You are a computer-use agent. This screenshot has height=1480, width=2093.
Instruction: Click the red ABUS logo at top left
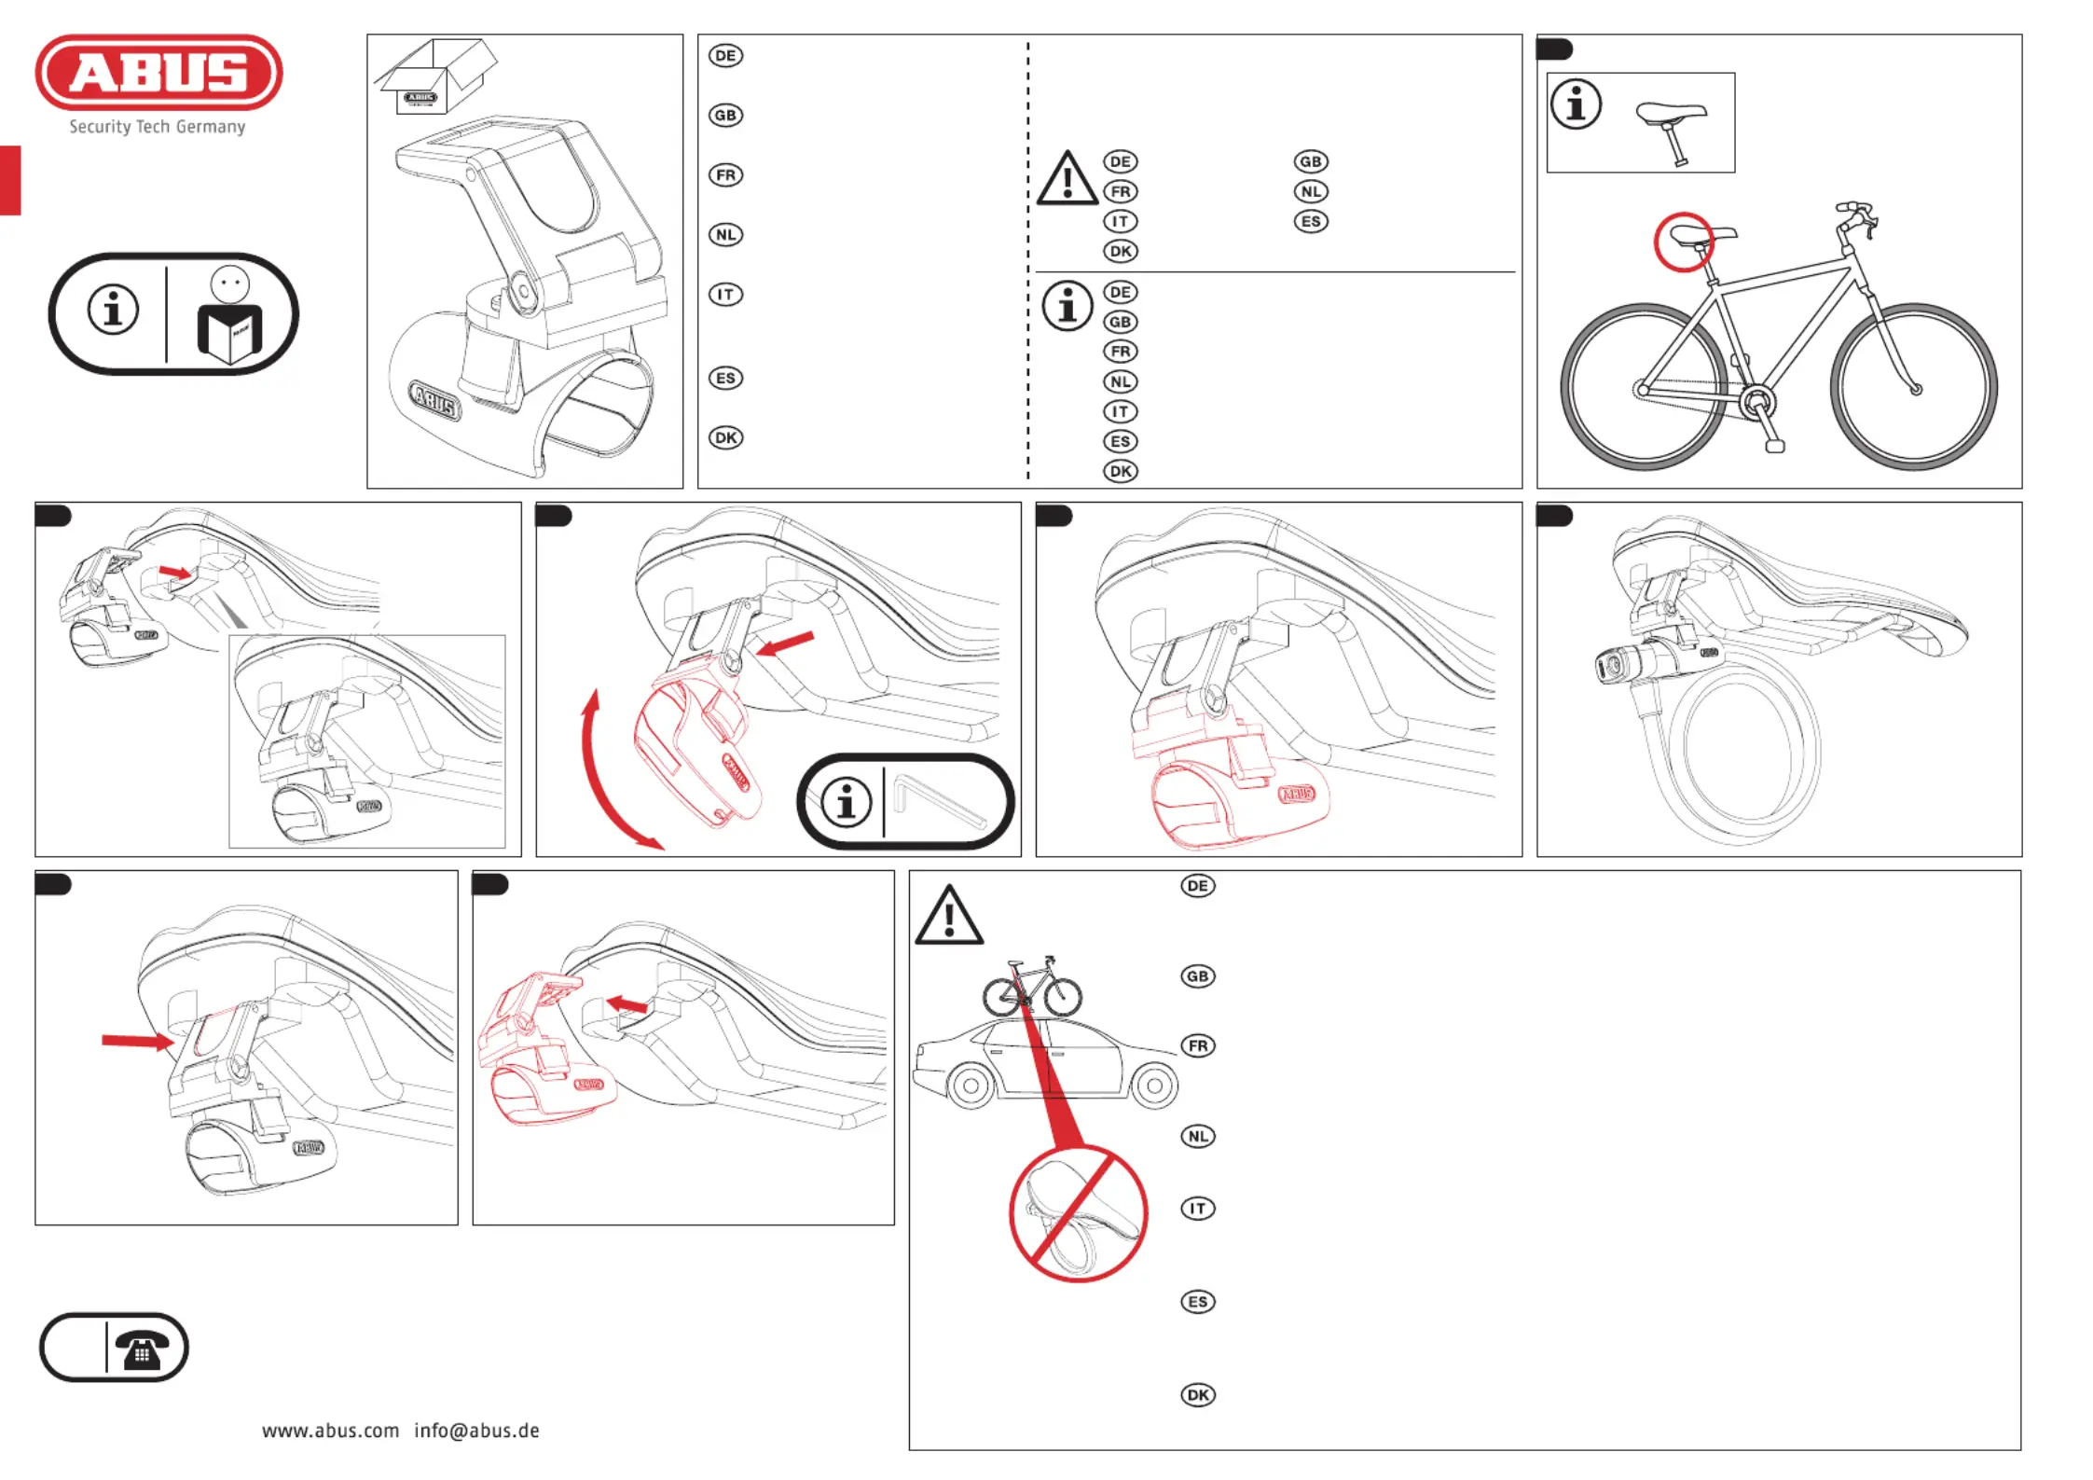158,73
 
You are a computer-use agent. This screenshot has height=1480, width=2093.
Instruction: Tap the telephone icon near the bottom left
142,1349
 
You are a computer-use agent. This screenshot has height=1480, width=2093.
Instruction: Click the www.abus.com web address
330,1431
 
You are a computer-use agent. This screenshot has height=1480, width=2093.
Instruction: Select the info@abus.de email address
476,1431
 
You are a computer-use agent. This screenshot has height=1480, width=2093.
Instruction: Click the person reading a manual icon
229,315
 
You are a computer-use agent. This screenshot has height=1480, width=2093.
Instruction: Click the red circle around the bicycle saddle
1683,242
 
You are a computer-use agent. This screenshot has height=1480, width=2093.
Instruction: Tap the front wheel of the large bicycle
1913,386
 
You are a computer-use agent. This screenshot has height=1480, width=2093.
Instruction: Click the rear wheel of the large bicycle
1645,386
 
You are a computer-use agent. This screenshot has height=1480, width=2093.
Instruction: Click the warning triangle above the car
948,916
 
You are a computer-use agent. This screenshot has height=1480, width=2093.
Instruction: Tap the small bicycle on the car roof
1032,986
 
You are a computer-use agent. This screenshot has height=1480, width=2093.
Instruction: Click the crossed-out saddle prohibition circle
1079,1213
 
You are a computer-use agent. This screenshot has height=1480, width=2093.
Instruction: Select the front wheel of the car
971,1086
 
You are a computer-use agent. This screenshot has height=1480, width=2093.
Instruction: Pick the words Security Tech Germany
158,127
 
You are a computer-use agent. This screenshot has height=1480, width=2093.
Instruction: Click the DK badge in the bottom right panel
1198,1395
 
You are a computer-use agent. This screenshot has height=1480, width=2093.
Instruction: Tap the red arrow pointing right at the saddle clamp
138,1041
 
